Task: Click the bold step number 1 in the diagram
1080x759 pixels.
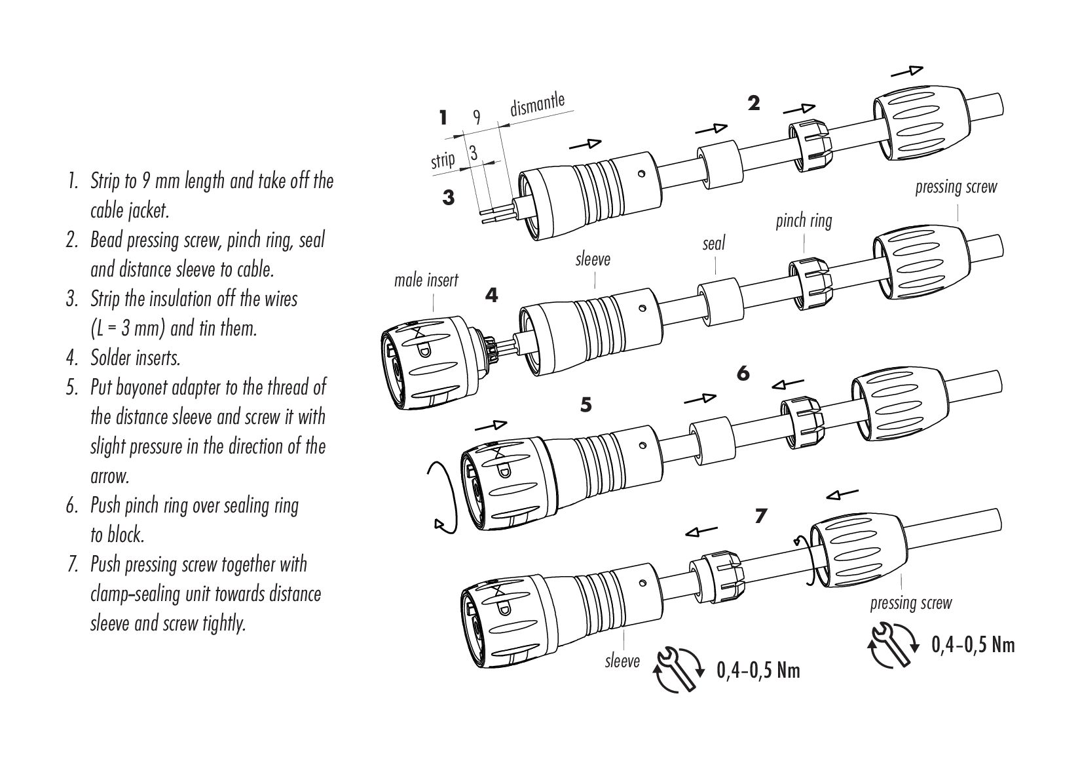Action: click(443, 118)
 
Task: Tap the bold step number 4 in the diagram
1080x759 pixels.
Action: click(491, 296)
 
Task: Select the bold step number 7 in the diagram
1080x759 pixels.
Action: click(760, 516)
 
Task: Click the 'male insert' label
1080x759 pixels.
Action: click(426, 281)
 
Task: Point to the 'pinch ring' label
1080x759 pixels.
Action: click(804, 221)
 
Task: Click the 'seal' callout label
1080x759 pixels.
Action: click(714, 244)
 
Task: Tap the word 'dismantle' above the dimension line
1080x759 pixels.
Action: click(537, 105)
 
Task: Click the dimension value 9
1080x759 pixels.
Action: click(477, 117)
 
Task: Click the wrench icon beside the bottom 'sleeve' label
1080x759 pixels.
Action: click(679, 669)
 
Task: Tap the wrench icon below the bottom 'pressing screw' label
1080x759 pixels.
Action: click(893, 645)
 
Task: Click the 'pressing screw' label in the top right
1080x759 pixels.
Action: click(956, 187)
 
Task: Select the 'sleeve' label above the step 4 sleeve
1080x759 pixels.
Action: click(593, 260)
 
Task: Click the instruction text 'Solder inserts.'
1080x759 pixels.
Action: click(135, 358)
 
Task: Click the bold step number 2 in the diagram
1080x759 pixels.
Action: click(754, 103)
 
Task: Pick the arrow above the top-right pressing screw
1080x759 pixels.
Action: click(907, 70)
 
